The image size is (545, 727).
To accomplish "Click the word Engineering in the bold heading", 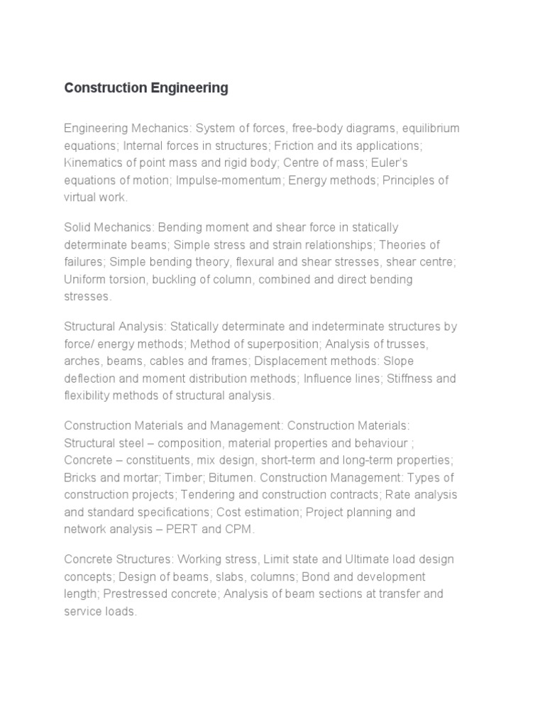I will pos(189,88).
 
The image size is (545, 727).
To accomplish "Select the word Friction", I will pos(295,146).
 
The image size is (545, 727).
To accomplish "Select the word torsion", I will pos(125,279).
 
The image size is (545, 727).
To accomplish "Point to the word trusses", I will pos(407,344).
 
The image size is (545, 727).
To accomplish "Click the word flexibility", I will pos(86,395).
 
